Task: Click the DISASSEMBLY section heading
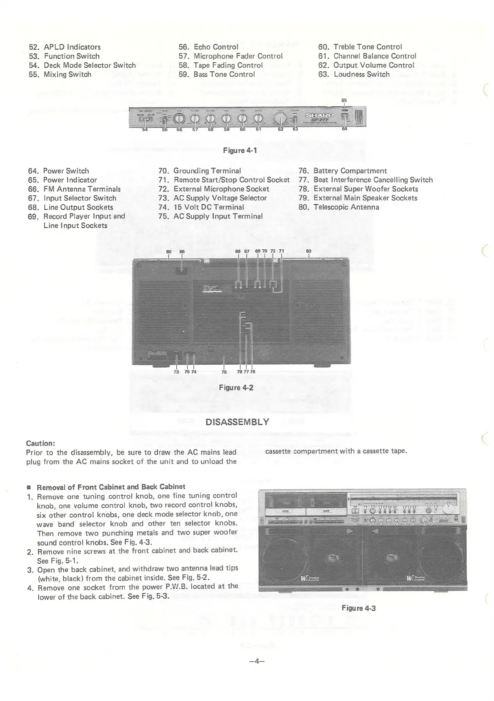coord(237,422)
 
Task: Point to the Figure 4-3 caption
coord(359,608)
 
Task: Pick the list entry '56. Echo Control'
coord(208,47)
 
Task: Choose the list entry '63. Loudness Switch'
coord(354,74)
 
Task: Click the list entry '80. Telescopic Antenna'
coord(338,207)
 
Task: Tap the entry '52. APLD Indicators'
coord(65,47)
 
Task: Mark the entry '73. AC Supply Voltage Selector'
coord(212,198)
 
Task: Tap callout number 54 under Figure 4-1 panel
coord(145,129)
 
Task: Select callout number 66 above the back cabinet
coord(182,251)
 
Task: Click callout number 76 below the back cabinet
coord(224,372)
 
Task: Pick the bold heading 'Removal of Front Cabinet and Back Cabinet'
coord(111,487)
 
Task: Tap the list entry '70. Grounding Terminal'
coord(200,170)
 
